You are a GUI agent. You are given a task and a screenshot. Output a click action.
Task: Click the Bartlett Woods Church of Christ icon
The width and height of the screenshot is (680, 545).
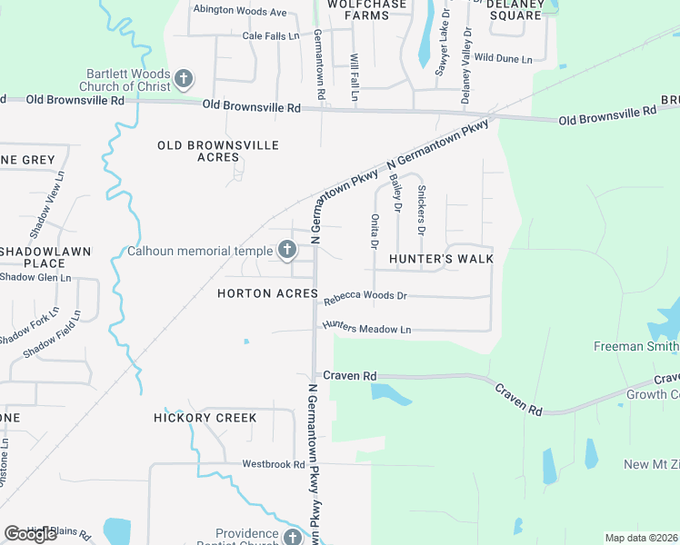(184, 79)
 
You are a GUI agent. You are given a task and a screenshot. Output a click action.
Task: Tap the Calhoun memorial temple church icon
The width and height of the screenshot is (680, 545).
(286, 250)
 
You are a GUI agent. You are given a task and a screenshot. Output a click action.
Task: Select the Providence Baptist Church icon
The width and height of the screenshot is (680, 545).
(292, 538)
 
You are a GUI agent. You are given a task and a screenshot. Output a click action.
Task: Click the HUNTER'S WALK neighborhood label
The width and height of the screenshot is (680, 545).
(441, 259)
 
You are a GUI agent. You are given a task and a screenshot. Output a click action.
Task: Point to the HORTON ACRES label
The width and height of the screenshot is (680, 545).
(267, 294)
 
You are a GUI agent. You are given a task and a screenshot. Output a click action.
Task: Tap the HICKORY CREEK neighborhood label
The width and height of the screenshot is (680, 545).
(205, 418)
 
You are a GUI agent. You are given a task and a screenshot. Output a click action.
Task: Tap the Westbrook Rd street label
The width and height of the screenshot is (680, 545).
(273, 463)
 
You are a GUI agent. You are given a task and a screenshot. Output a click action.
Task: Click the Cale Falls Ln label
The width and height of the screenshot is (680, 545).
(270, 36)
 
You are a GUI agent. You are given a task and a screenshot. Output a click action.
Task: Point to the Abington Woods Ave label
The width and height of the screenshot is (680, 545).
(239, 13)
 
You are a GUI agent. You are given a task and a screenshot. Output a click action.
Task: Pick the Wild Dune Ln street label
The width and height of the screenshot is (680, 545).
(503, 57)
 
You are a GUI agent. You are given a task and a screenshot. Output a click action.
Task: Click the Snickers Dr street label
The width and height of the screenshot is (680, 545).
(421, 211)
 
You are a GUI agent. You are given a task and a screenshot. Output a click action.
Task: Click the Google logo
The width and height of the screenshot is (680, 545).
(30, 534)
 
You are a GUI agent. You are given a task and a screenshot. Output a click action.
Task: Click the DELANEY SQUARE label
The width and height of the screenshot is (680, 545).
(515, 9)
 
